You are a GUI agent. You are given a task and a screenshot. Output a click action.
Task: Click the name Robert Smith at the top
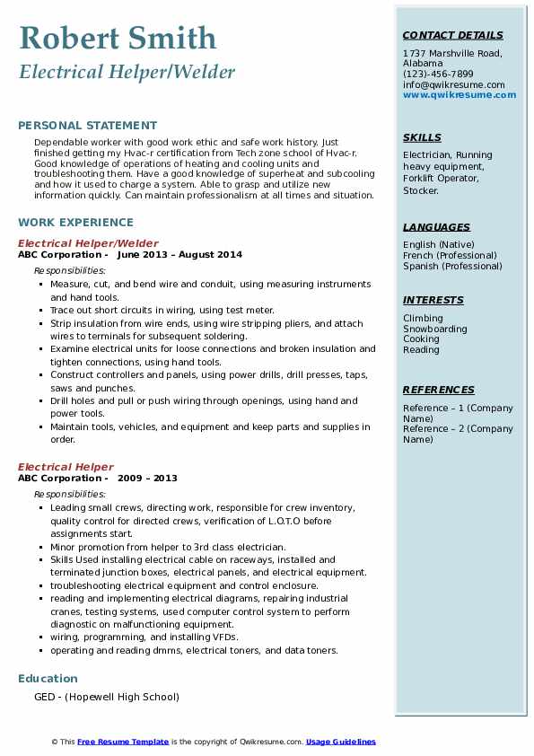pos(118,38)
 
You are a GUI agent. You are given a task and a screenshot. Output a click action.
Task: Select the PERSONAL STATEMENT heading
pos(87,126)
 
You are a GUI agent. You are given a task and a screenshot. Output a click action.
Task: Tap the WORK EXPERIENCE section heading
pos(75,222)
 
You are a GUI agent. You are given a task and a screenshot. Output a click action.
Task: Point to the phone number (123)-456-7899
pos(438,75)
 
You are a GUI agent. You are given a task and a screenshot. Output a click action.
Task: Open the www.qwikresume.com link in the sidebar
pos(453,94)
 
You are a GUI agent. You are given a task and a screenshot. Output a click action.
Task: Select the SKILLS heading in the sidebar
pos(422,137)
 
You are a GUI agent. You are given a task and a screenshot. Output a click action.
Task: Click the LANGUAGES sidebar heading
pos(436,227)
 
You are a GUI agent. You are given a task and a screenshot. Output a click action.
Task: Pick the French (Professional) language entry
pos(451,255)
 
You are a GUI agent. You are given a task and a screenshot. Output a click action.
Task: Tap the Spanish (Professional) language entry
pos(452,266)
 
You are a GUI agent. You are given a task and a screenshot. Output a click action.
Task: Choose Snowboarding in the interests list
pos(434,329)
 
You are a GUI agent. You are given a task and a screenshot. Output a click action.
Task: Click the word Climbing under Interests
pos(423,318)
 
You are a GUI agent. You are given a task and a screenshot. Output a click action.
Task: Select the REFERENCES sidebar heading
pos(438,390)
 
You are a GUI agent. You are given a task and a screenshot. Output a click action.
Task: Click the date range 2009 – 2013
pos(147,479)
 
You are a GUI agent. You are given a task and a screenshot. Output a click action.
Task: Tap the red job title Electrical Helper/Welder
pos(88,243)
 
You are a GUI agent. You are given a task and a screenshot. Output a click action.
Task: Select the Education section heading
pos(48,678)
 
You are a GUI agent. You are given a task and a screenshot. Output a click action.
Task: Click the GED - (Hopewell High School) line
pos(107,697)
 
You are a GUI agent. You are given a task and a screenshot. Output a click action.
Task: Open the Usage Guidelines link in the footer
pos(340,742)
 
